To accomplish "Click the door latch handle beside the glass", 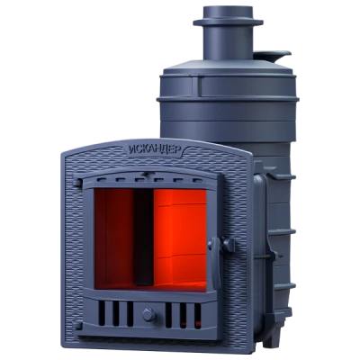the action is pos(217,262).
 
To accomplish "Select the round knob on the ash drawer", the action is pos(148,314).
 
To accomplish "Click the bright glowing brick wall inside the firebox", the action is pos(180,237).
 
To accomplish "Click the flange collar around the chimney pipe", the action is pos(228,22).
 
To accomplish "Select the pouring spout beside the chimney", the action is pos(272,56).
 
